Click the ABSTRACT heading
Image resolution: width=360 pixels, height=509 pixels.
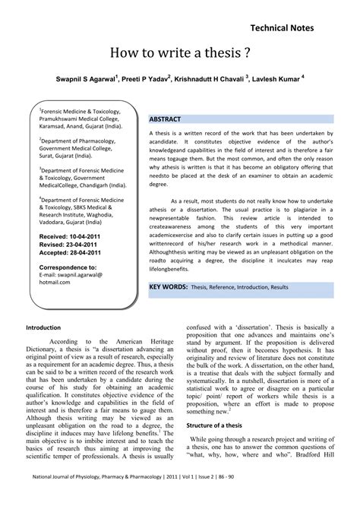coord(165,120)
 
